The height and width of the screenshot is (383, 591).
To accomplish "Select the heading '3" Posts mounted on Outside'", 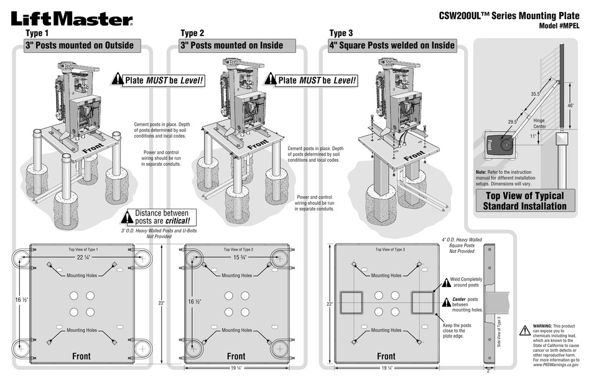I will [79, 45].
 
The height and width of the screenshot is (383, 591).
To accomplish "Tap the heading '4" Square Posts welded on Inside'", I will [392, 45].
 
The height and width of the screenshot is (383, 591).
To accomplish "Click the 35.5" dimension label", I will [535, 94].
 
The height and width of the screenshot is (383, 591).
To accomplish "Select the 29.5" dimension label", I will [513, 122].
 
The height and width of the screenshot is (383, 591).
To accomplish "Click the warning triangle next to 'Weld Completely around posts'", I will [445, 282].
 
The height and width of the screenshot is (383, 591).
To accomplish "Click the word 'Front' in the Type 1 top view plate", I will [81, 356].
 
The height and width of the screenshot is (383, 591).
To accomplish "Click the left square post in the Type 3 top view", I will [350, 302].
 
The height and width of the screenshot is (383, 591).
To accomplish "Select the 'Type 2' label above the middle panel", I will [192, 33].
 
